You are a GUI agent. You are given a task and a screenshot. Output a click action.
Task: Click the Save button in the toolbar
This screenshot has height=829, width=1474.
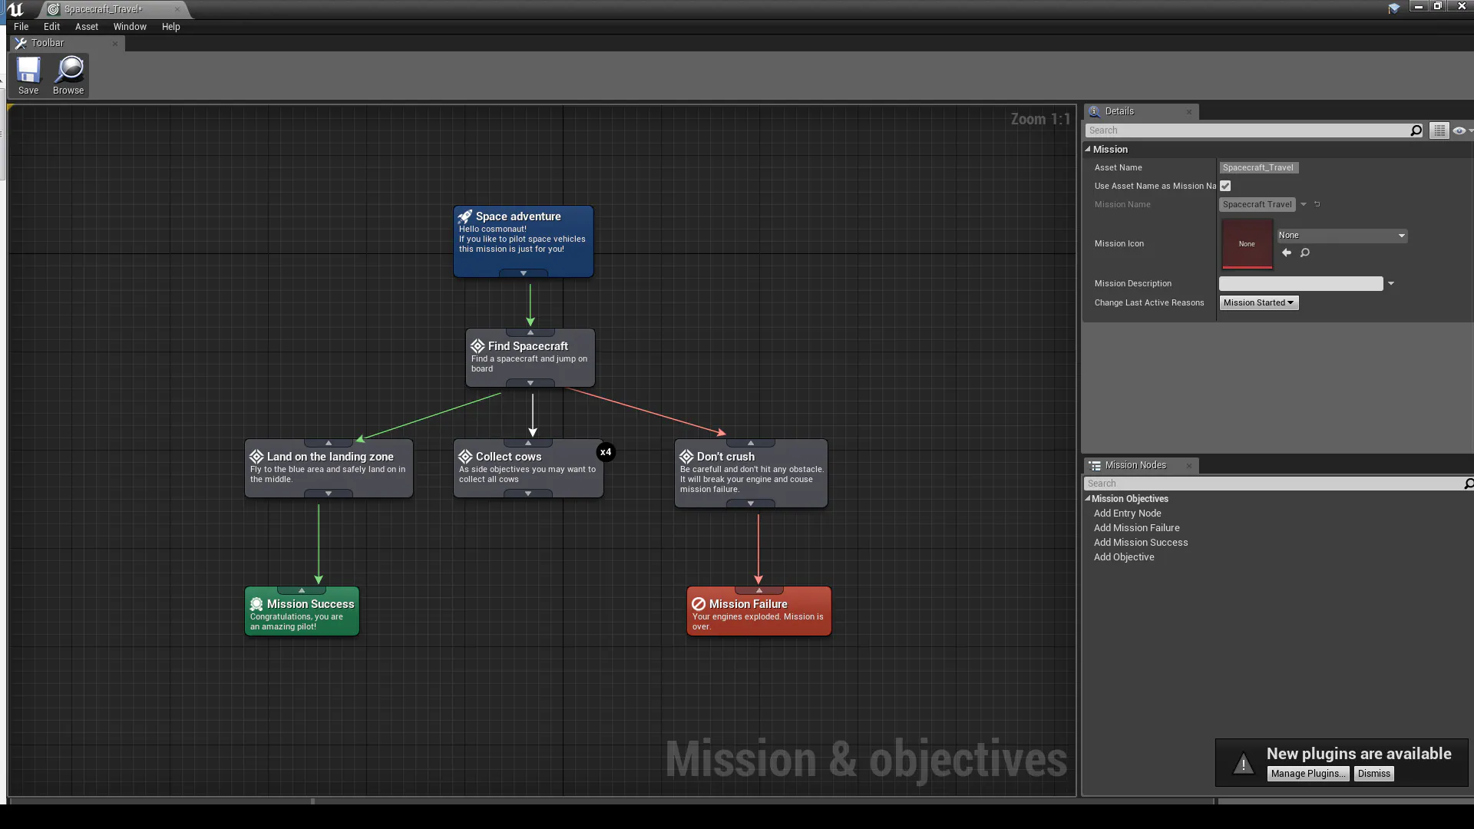coord(28,75)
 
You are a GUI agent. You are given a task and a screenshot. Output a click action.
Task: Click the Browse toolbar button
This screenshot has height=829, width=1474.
coord(68,75)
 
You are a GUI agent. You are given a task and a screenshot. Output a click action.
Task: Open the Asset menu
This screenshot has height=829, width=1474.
coord(87,27)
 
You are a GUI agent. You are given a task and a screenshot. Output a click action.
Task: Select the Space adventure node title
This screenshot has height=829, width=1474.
coord(518,216)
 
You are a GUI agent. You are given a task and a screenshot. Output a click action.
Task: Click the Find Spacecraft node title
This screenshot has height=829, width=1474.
coord(528,346)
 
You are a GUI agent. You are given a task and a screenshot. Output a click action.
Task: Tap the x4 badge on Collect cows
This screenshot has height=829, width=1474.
coord(606,452)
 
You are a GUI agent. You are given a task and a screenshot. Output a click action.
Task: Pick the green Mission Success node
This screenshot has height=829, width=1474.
coord(302,611)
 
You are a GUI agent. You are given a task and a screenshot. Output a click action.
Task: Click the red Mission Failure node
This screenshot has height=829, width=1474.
coord(758,611)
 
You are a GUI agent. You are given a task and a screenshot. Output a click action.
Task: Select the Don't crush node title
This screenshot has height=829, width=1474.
coord(725,457)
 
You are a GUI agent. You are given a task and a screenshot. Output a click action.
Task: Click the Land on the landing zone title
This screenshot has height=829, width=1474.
coord(330,457)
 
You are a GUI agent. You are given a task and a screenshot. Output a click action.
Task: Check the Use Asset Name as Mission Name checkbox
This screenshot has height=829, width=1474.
coord(1225,186)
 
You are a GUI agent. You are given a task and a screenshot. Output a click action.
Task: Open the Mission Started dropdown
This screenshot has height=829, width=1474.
coord(1259,302)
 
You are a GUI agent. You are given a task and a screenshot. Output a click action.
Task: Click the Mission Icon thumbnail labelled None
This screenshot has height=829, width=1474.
coord(1247,244)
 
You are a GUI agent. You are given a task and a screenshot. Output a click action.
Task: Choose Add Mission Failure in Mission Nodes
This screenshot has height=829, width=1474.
coord(1136,528)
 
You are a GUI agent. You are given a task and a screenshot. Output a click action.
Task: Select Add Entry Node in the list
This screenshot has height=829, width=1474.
coord(1127,514)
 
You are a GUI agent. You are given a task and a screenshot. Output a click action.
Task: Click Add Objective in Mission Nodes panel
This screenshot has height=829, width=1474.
coord(1124,557)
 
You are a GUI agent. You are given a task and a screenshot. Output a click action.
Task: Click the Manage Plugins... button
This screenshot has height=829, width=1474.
coord(1308,774)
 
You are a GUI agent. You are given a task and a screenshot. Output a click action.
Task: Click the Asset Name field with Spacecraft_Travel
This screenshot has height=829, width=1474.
coord(1258,167)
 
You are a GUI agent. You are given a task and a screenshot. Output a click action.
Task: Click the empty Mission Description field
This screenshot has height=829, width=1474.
coord(1300,284)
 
